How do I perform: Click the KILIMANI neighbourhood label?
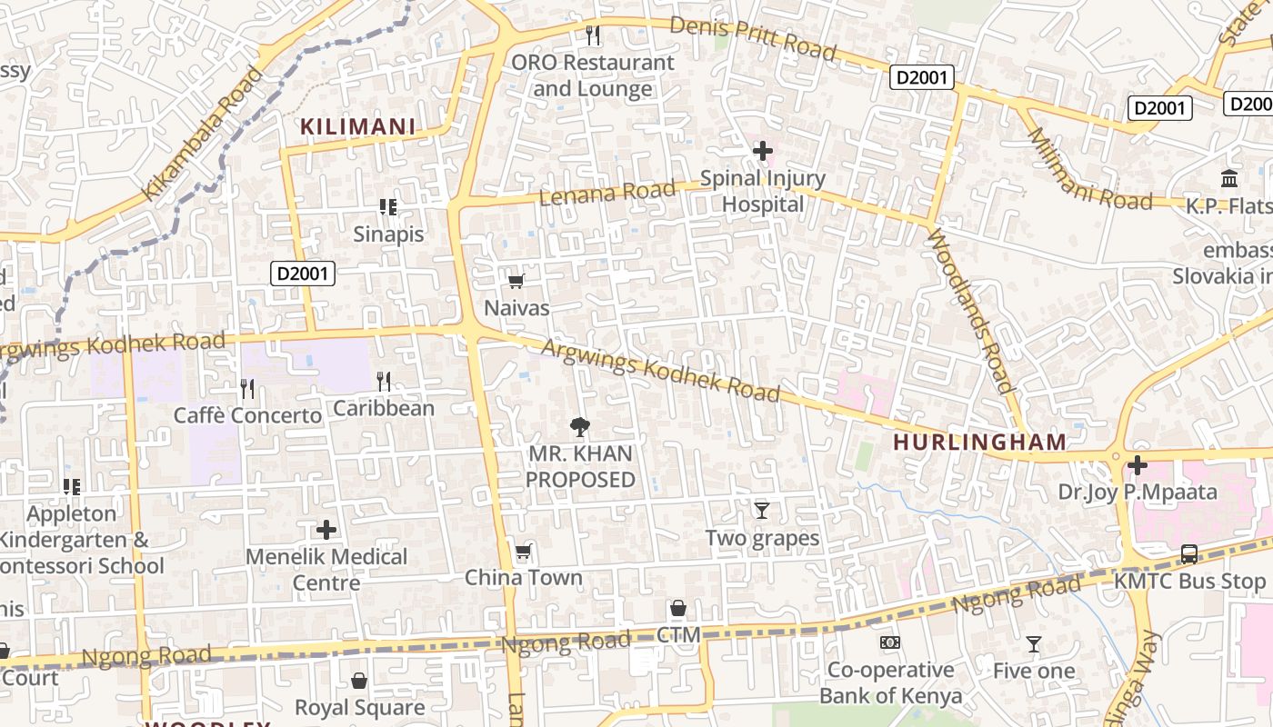point(358,127)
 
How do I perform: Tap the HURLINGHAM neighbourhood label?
point(979,443)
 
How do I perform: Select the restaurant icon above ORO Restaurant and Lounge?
point(593,35)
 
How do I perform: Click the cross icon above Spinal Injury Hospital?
point(763,150)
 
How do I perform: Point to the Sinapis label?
point(388,234)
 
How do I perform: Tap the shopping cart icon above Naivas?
point(516,282)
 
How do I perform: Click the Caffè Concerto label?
point(247,415)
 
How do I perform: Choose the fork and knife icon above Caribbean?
point(384,382)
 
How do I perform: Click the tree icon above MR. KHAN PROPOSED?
point(579,426)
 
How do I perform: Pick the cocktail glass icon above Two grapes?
point(762,511)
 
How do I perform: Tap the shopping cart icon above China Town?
point(523,552)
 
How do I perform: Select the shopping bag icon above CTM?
point(678,608)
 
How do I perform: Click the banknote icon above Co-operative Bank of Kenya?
point(890,643)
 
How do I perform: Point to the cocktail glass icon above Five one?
point(1034,644)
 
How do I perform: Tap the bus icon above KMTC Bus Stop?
point(1188,553)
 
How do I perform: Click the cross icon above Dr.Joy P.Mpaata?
point(1137,466)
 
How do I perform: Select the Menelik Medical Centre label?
point(326,569)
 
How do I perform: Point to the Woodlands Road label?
point(970,311)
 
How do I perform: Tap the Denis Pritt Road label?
point(753,38)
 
